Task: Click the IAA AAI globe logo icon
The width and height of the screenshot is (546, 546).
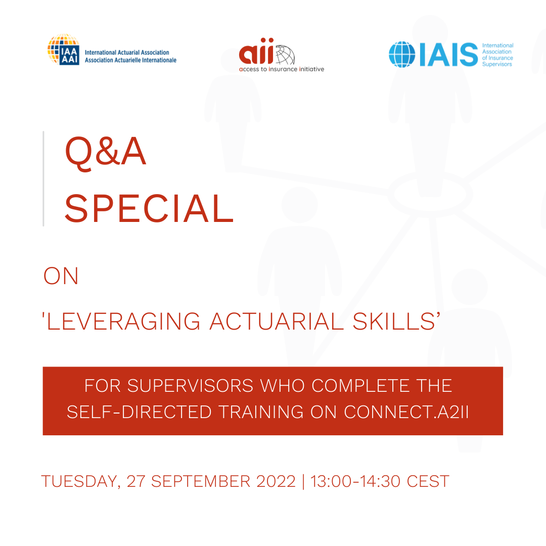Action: pos(63,49)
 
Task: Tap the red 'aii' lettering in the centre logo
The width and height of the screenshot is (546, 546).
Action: pos(257,51)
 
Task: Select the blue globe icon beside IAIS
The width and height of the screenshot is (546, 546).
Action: pos(402,54)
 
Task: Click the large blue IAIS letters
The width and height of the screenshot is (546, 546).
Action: pos(449,54)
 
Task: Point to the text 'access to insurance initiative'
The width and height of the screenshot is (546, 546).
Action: pos(282,69)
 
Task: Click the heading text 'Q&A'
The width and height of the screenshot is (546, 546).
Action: pos(105,151)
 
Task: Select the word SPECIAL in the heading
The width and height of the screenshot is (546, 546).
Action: pos(149,208)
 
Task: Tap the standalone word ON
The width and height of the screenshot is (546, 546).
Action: pos(61,276)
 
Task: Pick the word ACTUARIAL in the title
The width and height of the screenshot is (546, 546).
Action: pos(277,321)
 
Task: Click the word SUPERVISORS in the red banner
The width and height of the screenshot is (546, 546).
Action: pos(191,386)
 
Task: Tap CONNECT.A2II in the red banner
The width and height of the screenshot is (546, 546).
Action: pos(406,412)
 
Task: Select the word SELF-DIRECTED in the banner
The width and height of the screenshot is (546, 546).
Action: pos(140,412)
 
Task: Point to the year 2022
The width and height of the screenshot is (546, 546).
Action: pos(276,481)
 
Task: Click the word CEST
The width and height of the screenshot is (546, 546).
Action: pos(428,481)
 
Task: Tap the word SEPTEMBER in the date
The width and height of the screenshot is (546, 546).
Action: pos(201,481)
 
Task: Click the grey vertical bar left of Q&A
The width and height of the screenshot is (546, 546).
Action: pos(43,178)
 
